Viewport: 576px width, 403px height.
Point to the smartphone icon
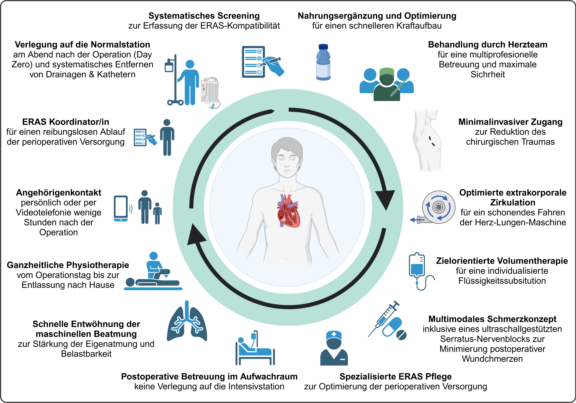[121, 208]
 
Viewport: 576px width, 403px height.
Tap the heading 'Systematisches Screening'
[204, 16]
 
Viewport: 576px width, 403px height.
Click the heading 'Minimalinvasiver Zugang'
[510, 122]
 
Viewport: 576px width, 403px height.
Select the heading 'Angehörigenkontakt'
[58, 193]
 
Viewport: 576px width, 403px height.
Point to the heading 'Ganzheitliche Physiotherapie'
[68, 265]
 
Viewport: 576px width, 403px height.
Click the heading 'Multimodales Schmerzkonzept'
[492, 319]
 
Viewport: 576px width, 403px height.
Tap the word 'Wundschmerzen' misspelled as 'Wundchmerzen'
[492, 359]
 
